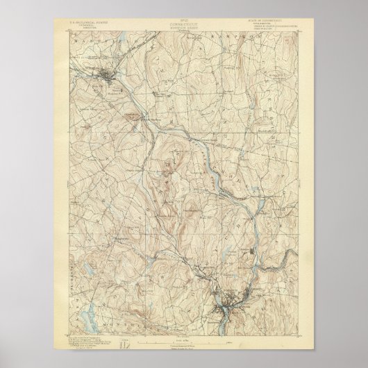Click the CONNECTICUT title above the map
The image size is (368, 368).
[x=184, y=28]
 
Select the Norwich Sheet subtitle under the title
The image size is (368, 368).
[x=184, y=33]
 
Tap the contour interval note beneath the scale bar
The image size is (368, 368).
[x=184, y=346]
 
